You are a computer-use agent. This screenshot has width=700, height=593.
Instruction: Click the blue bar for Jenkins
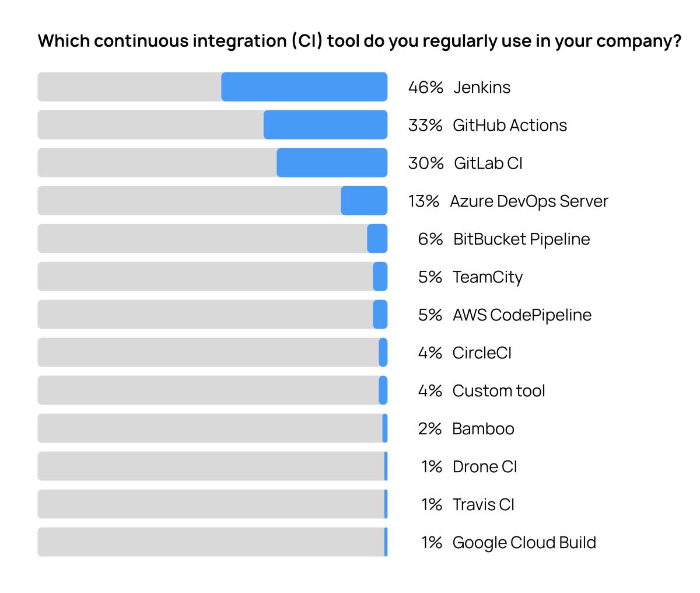click(x=304, y=87)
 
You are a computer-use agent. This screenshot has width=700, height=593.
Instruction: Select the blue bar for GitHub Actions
click(x=325, y=125)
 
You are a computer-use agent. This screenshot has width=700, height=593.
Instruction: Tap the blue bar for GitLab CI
click(x=332, y=163)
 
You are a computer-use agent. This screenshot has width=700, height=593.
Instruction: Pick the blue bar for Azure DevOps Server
click(x=364, y=201)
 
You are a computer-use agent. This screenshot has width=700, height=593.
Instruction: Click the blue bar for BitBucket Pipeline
click(x=377, y=239)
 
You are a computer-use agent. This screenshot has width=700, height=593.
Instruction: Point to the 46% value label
click(x=425, y=88)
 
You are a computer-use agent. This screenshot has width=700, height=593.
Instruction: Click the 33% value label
click(x=425, y=125)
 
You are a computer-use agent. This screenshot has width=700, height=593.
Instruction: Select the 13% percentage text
click(x=423, y=201)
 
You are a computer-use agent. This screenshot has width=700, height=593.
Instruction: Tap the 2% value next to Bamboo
click(x=430, y=429)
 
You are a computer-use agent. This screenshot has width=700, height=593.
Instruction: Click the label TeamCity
click(x=488, y=277)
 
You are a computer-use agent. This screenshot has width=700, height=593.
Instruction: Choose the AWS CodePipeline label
click(x=521, y=315)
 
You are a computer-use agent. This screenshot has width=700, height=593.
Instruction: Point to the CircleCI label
click(x=482, y=353)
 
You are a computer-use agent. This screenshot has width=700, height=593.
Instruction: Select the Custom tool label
click(x=499, y=391)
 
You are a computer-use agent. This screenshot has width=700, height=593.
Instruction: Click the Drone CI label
click(x=485, y=467)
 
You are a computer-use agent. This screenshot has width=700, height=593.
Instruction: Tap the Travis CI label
click(x=484, y=505)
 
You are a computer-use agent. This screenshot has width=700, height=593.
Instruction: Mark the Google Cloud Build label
click(x=524, y=543)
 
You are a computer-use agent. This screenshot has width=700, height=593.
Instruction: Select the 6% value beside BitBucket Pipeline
click(x=430, y=239)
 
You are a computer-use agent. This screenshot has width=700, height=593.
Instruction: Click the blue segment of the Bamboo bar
click(x=385, y=428)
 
